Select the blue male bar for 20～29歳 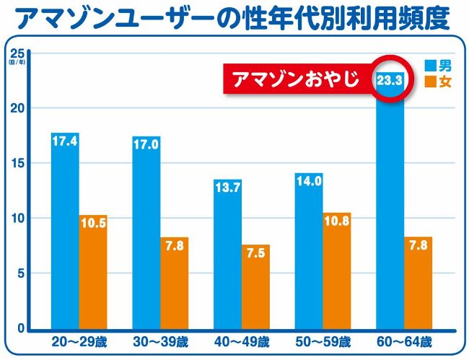pos(65,231)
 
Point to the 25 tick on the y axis pos(18,54)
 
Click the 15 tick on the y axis pos(18,163)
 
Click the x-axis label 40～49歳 pos(242,341)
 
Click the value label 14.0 pos(309,181)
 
